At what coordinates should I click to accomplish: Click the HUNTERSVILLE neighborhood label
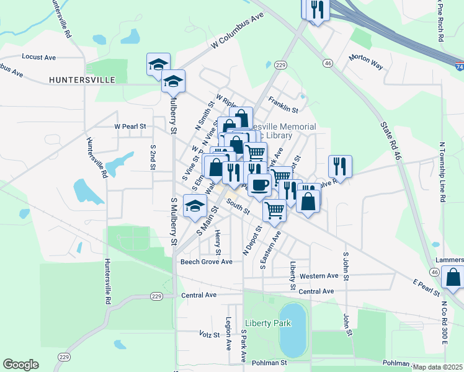pos(83,80)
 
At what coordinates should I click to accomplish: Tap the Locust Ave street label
pos(38,57)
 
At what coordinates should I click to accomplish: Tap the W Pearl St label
pos(130,126)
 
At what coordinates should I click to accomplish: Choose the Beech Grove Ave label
pos(206,262)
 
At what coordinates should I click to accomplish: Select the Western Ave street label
pos(319,276)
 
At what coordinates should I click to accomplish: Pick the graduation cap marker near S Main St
pos(196,207)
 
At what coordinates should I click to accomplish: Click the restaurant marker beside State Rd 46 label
pos(340,166)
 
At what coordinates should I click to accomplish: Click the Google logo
pos(20,365)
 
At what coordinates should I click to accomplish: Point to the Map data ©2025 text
pos(438,367)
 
